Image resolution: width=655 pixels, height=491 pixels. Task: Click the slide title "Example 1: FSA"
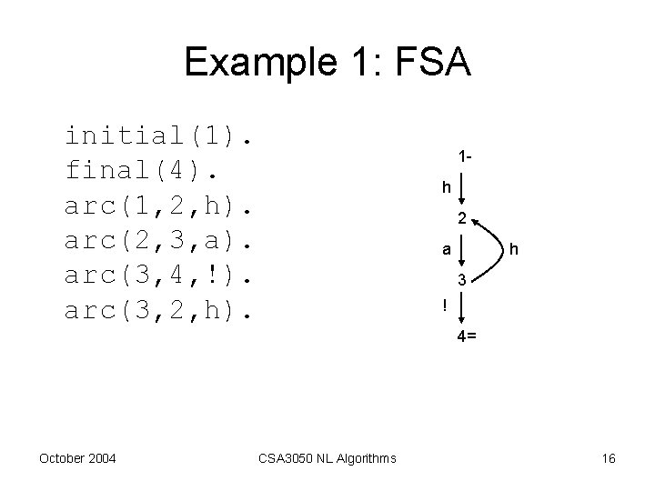[x=327, y=63]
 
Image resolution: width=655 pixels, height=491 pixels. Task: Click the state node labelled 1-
[x=465, y=156]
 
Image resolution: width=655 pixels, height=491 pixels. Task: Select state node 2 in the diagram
[x=462, y=218]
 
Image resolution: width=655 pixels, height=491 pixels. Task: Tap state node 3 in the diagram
[x=462, y=280]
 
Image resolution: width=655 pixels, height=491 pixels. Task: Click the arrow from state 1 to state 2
[x=462, y=188]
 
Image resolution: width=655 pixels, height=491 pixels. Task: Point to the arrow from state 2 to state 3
[x=462, y=249]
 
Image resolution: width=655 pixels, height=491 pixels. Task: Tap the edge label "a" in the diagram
[x=445, y=248]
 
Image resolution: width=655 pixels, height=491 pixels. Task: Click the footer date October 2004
[x=77, y=458]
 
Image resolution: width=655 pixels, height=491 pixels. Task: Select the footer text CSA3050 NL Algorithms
[x=328, y=458]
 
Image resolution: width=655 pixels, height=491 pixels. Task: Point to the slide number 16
[x=608, y=458]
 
